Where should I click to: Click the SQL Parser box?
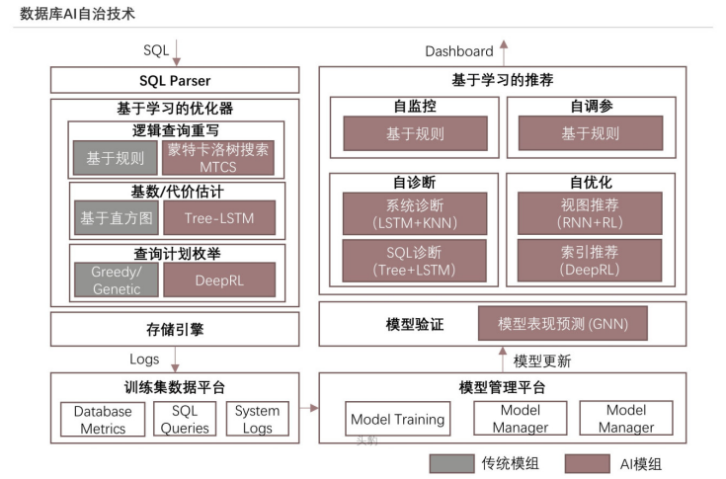pos(175,80)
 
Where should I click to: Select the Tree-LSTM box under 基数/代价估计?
pos(219,217)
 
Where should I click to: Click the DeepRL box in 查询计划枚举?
pos(219,279)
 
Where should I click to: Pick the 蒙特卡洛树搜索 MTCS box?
pos(219,157)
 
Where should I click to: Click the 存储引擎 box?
pos(175,329)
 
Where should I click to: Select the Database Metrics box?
pos(103,419)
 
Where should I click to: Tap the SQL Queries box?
pos(185,419)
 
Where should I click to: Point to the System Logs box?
pos(257,419)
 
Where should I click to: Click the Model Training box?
pos(397,419)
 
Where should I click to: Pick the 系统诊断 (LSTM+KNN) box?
pos(415,213)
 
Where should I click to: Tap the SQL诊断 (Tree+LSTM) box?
pos(415,260)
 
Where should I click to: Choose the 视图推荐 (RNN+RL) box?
pos(590,213)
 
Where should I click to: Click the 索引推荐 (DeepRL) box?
pos(590,260)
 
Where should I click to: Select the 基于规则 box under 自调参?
pos(590,133)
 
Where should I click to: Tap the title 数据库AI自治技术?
pos(78,14)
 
